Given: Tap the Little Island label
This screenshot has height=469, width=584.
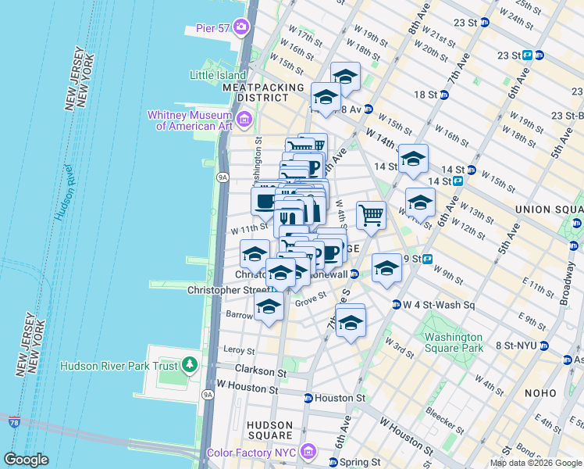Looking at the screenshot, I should click(218, 75).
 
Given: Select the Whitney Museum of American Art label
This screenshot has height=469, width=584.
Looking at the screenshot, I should click(191, 120).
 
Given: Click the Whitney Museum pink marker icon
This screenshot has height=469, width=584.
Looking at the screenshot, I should click(244, 120).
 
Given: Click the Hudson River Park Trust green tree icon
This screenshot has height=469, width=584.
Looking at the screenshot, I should click(189, 365).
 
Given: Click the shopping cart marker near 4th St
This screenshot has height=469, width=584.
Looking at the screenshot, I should click(371, 214).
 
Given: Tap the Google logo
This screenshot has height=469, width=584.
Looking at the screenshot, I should click(26, 459).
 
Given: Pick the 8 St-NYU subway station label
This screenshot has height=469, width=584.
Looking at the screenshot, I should click(515, 345).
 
